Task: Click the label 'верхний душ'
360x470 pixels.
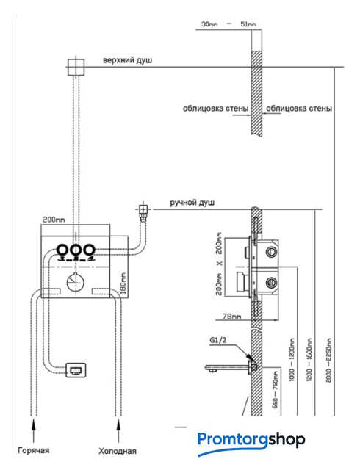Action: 128,60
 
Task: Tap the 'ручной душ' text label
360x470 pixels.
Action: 192,203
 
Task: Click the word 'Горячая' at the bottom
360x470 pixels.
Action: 34,450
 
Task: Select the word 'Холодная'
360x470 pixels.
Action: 118,451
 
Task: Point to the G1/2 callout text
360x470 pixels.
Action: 217,340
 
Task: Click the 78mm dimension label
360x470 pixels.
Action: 231,316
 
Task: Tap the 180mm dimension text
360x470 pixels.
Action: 123,283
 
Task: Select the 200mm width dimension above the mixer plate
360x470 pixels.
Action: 54,220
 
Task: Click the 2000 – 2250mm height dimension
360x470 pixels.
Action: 329,360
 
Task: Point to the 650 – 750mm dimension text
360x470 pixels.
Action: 276,390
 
